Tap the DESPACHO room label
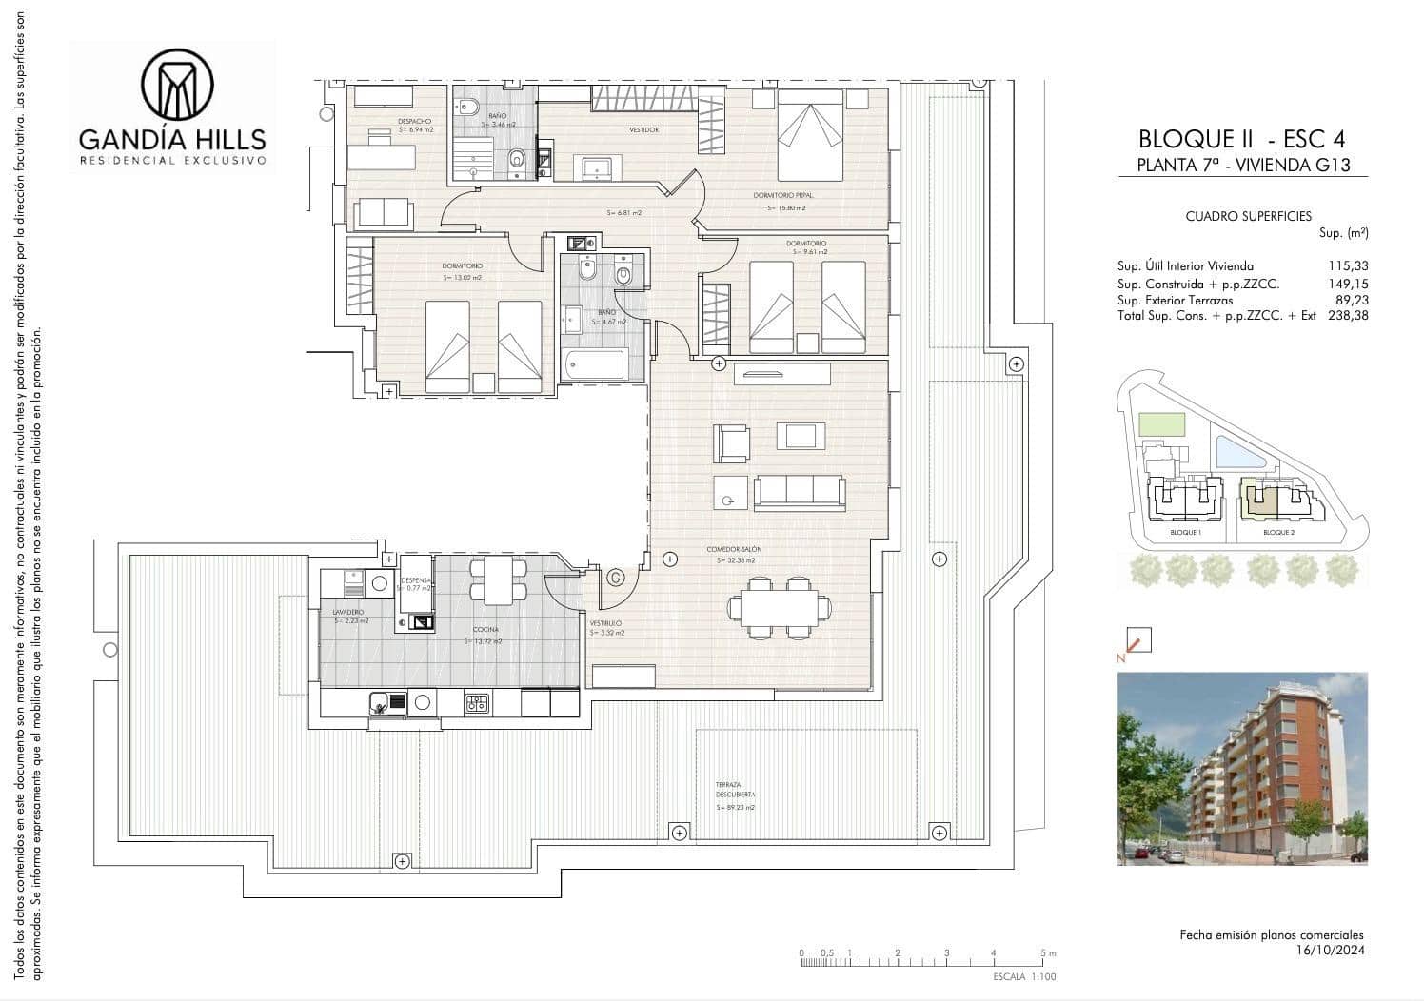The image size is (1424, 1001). click(x=415, y=122)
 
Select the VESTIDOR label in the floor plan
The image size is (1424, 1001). click(x=643, y=130)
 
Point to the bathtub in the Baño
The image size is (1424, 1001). click(x=593, y=365)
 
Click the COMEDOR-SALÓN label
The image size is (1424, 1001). click(x=734, y=550)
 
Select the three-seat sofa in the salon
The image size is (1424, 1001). click(x=800, y=492)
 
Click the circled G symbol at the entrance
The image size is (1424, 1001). click(x=616, y=577)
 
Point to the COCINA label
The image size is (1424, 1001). click(x=485, y=630)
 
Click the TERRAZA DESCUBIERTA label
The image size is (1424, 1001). click(x=735, y=790)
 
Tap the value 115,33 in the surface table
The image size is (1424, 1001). click(x=1348, y=266)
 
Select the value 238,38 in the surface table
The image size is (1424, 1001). click(x=1348, y=315)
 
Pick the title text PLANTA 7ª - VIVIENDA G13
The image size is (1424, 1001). click(x=1243, y=165)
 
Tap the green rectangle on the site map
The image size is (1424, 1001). click(x=1162, y=424)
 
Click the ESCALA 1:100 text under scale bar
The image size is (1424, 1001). click(x=1024, y=977)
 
